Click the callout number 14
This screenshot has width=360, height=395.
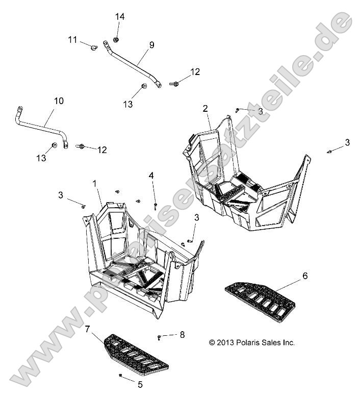point(119,17)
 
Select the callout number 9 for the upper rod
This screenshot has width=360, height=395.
point(151,45)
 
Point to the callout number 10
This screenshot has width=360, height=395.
point(59,101)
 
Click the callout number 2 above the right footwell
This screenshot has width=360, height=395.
point(205,108)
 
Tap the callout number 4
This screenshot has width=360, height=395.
point(151,176)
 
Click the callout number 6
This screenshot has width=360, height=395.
point(305,276)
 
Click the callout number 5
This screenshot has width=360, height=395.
point(140,384)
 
